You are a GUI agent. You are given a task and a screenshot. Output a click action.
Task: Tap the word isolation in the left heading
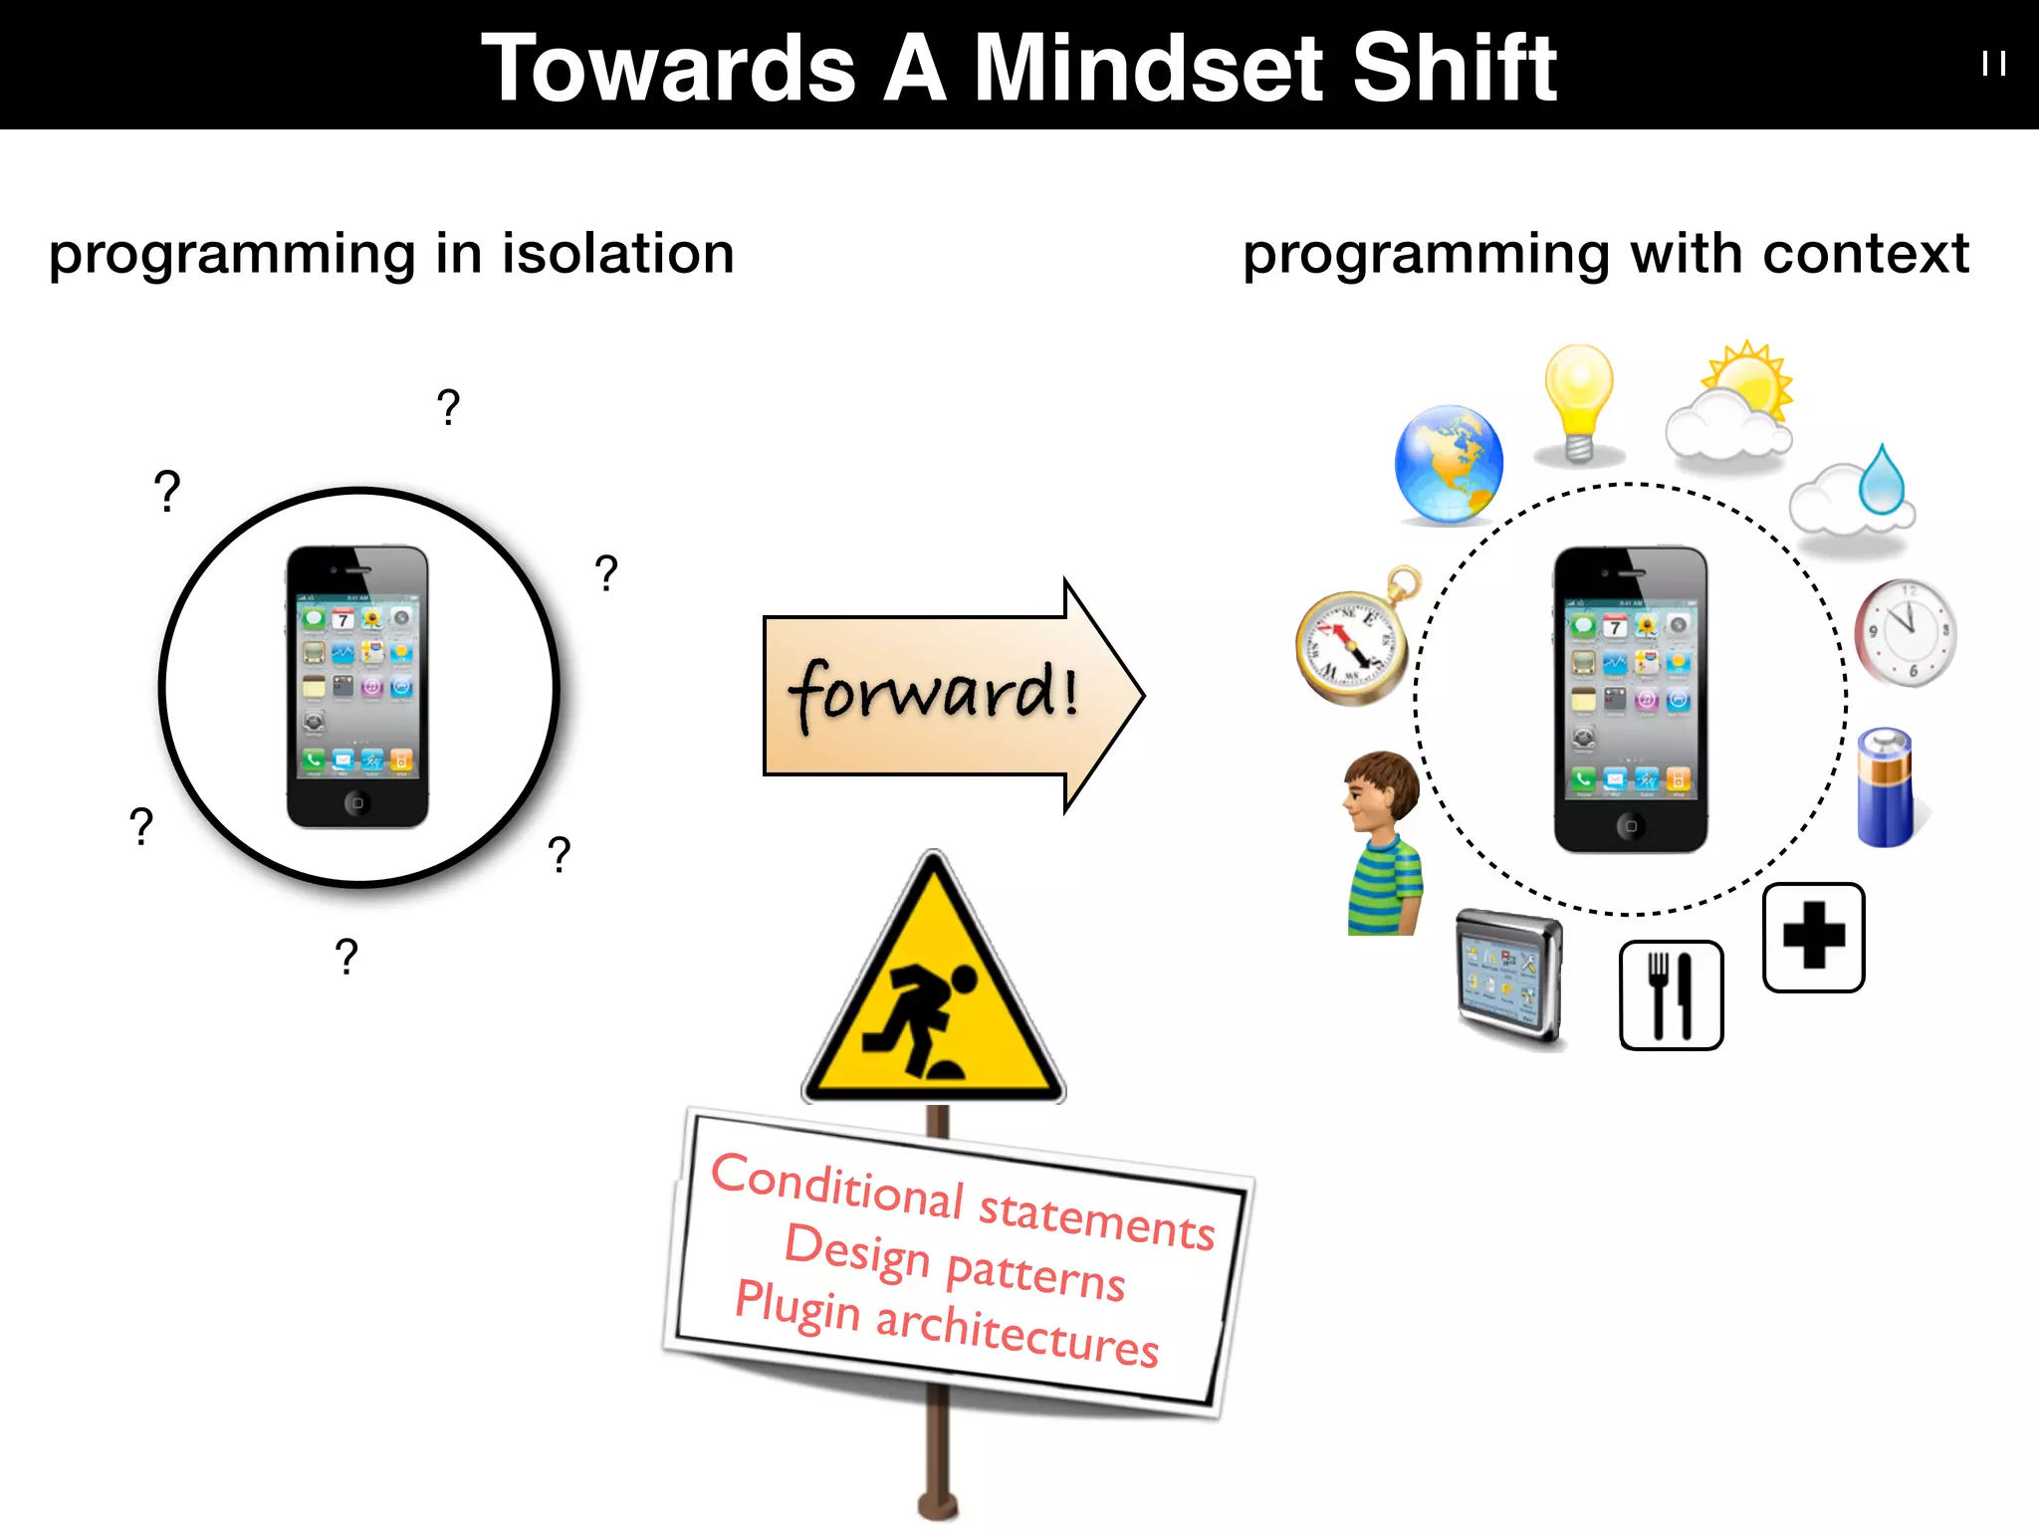click(x=617, y=254)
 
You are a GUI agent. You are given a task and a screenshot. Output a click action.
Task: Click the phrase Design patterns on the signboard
click(x=954, y=1262)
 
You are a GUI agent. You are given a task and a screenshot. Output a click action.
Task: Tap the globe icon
click(x=1449, y=464)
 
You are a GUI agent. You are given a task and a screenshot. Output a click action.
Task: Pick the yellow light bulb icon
click(x=1579, y=403)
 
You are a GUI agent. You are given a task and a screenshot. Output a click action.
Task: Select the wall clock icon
click(x=1906, y=633)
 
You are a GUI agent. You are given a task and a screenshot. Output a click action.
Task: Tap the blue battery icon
click(x=1886, y=787)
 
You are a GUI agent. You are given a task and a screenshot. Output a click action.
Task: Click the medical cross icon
click(x=1813, y=937)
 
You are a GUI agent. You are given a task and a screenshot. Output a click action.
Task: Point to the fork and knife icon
click(x=1671, y=994)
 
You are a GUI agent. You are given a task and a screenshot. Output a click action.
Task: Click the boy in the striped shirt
click(x=1383, y=842)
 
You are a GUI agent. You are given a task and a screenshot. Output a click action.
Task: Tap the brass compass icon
click(x=1354, y=642)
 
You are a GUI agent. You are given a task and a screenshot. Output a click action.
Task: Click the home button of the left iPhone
click(x=357, y=802)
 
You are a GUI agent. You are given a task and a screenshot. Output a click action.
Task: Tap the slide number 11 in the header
click(x=1993, y=65)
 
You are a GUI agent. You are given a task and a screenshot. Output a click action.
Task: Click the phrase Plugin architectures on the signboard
click(x=946, y=1324)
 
